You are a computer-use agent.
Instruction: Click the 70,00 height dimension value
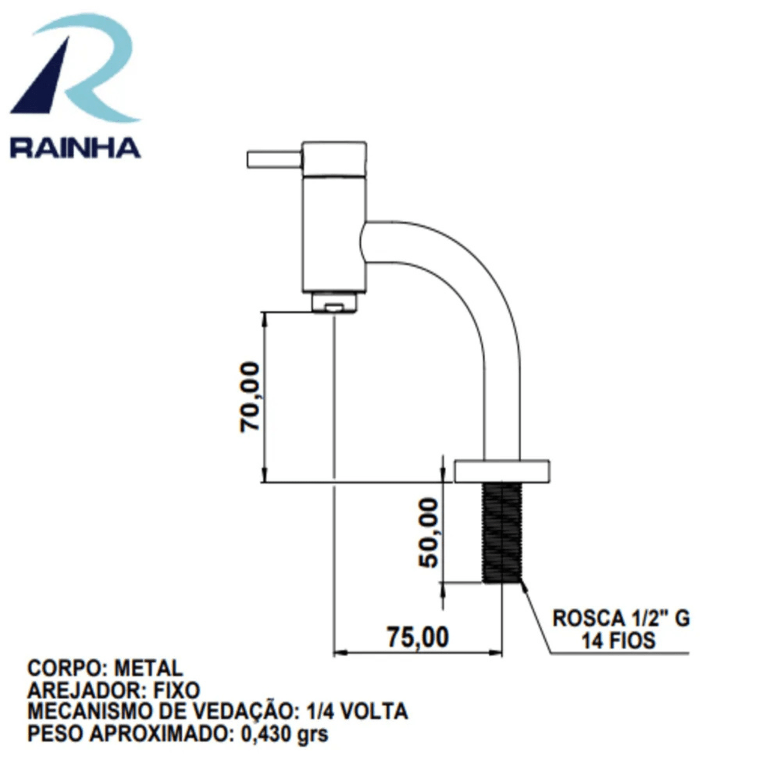click(x=250, y=397)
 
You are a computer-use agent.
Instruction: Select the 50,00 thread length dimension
click(x=429, y=532)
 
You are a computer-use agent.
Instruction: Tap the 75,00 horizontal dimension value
click(x=418, y=637)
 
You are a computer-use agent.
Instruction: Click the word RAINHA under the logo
click(x=75, y=148)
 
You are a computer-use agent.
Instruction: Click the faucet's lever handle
click(x=274, y=159)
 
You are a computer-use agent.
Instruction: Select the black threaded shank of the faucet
click(x=502, y=533)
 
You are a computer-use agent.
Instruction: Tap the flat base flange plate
click(x=502, y=471)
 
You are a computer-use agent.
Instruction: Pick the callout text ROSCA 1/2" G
click(x=621, y=619)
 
